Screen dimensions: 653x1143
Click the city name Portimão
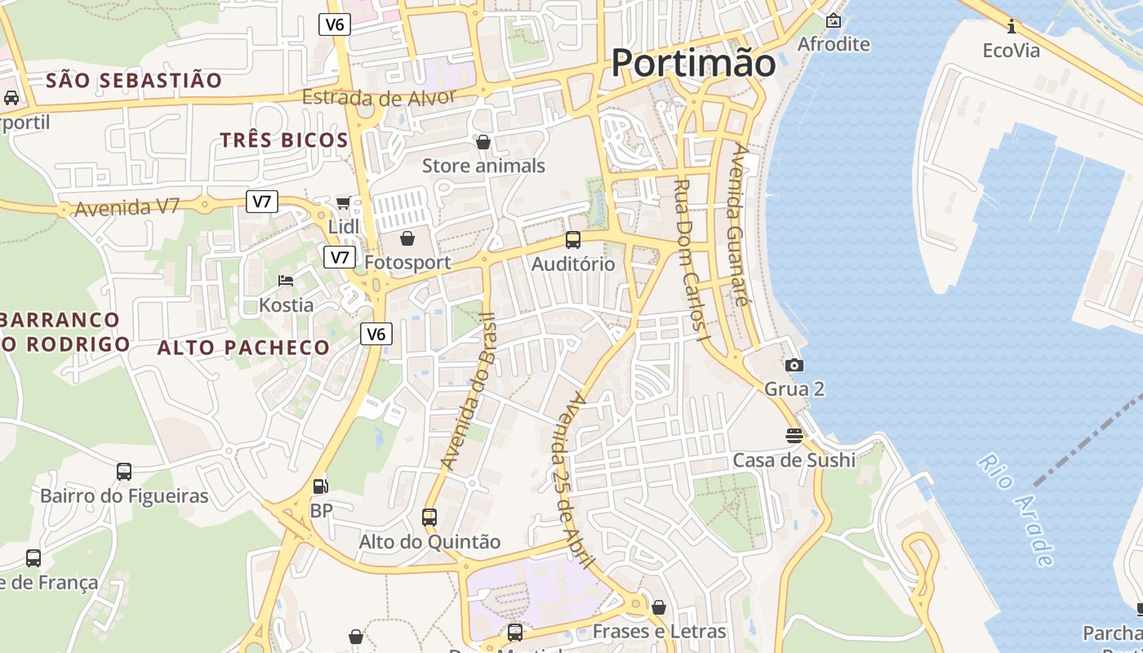tap(693, 63)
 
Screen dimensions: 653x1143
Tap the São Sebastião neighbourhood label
tap(134, 80)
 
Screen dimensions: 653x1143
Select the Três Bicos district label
tap(284, 140)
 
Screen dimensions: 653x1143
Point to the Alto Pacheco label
tap(243, 347)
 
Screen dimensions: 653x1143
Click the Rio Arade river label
tap(1016, 509)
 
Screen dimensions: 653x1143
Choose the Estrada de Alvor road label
tap(379, 97)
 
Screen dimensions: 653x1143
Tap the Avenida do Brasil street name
tap(468, 391)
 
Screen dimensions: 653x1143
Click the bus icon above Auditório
tap(573, 240)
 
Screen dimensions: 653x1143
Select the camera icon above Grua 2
tap(794, 365)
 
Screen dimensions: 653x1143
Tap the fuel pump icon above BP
tap(321, 486)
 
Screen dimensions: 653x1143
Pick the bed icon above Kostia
tap(286, 281)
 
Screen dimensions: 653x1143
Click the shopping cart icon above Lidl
tap(344, 202)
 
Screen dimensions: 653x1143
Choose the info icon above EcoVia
tap(1012, 26)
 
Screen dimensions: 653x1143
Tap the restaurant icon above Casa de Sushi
tap(794, 435)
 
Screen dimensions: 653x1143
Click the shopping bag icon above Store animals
tap(483, 142)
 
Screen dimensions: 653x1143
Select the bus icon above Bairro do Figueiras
tap(124, 471)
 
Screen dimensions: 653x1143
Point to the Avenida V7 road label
tap(127, 207)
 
